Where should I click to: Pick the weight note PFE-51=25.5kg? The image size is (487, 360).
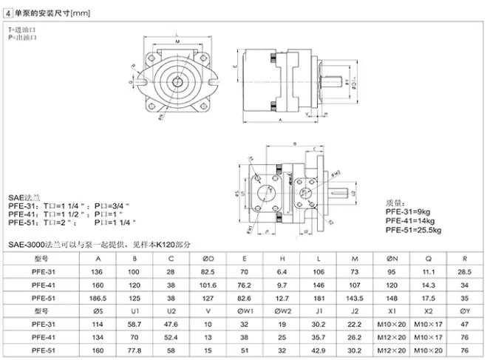[416, 230]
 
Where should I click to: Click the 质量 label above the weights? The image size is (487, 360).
[397, 202]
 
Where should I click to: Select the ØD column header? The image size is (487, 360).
[208, 259]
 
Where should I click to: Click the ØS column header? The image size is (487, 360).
[98, 311]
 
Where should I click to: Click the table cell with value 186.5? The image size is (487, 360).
[98, 298]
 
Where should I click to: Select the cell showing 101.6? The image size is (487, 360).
[208, 285]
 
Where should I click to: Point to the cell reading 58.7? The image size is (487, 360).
[134, 325]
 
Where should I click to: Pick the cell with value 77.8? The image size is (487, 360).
[134, 350]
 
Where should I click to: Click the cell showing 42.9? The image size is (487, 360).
[318, 350]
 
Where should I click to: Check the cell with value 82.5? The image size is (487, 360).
[208, 272]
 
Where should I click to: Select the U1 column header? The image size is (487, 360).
[134, 311]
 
